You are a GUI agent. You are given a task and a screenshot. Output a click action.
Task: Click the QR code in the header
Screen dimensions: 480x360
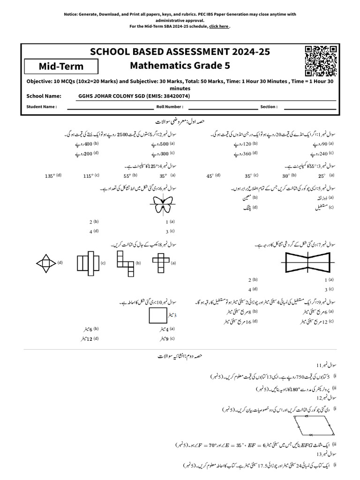pos(321,61)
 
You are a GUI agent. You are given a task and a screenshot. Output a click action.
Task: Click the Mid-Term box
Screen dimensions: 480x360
pos(61,67)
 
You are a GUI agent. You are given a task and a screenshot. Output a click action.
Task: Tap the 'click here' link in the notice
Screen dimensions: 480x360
pos(219,27)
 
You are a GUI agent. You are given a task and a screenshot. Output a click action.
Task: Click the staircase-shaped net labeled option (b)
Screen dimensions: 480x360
pos(124,262)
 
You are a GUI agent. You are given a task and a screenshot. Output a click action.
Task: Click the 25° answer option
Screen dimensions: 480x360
pos(321,176)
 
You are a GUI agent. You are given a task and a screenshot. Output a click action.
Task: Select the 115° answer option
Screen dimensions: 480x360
pos(88,176)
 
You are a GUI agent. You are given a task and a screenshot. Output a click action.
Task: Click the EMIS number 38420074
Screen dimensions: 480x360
pos(175,96)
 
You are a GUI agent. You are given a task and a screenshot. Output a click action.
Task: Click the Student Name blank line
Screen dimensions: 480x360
pos(104,107)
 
